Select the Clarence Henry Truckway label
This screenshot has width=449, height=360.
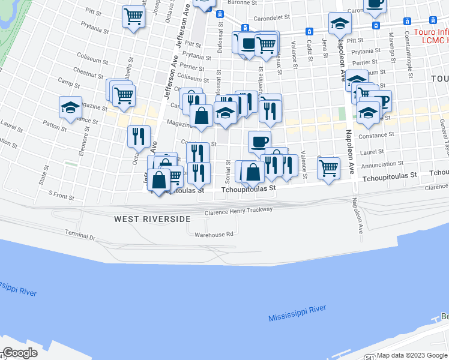(x=238, y=211)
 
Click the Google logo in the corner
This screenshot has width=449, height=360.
(x=20, y=353)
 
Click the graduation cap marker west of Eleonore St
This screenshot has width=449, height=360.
(x=70, y=108)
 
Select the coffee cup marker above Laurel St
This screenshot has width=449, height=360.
(x=259, y=142)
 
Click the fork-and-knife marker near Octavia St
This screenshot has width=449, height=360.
(x=139, y=136)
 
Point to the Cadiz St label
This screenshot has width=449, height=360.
(x=309, y=47)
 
